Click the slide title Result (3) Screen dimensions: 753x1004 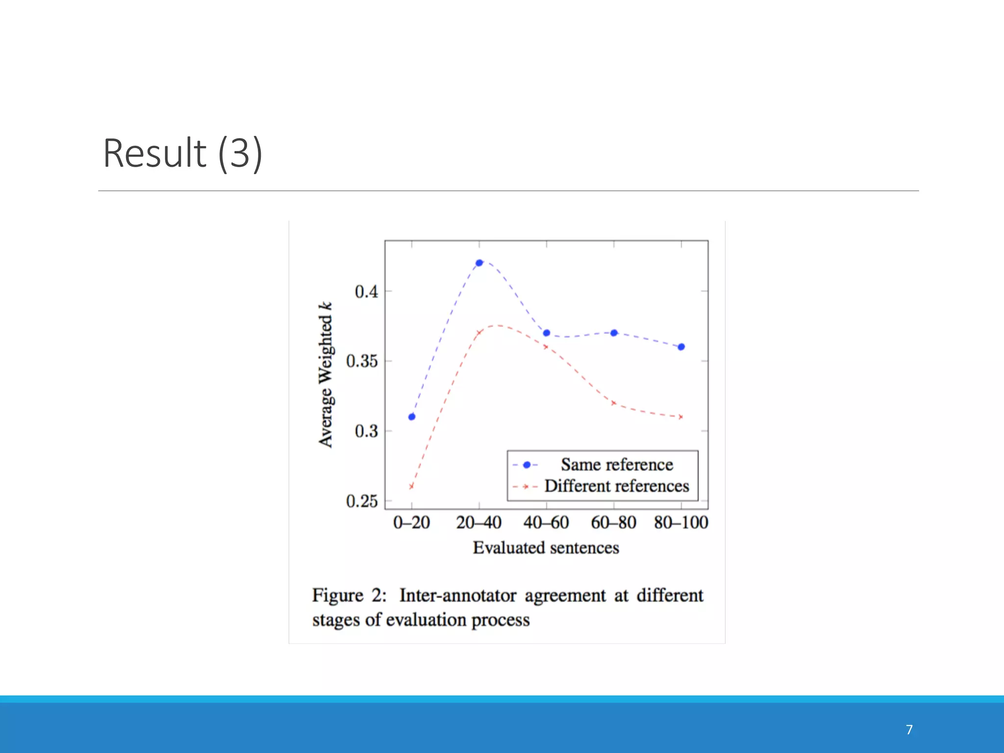(x=182, y=153)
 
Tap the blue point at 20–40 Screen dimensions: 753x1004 (x=479, y=263)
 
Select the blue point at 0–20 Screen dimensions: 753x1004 (x=412, y=417)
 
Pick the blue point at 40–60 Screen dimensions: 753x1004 (x=547, y=333)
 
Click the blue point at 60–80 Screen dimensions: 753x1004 (x=614, y=333)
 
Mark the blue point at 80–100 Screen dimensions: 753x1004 (x=681, y=347)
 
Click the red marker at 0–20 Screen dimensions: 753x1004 (x=411, y=486)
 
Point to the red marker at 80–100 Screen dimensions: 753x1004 (x=680, y=417)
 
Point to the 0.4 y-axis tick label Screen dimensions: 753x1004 (x=366, y=292)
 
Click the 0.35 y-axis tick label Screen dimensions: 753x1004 (x=362, y=361)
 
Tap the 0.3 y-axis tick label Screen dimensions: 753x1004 (x=366, y=431)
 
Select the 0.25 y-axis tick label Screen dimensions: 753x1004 (x=362, y=501)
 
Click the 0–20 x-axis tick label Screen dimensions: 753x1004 (x=411, y=523)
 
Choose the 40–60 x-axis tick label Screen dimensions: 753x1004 (x=546, y=523)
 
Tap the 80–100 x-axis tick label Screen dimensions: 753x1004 (x=681, y=523)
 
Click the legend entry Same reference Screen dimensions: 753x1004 (x=617, y=464)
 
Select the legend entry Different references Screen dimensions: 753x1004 (x=617, y=486)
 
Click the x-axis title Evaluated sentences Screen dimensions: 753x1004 (x=546, y=548)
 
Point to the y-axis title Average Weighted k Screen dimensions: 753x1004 (x=326, y=375)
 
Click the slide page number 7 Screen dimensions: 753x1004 (x=909, y=729)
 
